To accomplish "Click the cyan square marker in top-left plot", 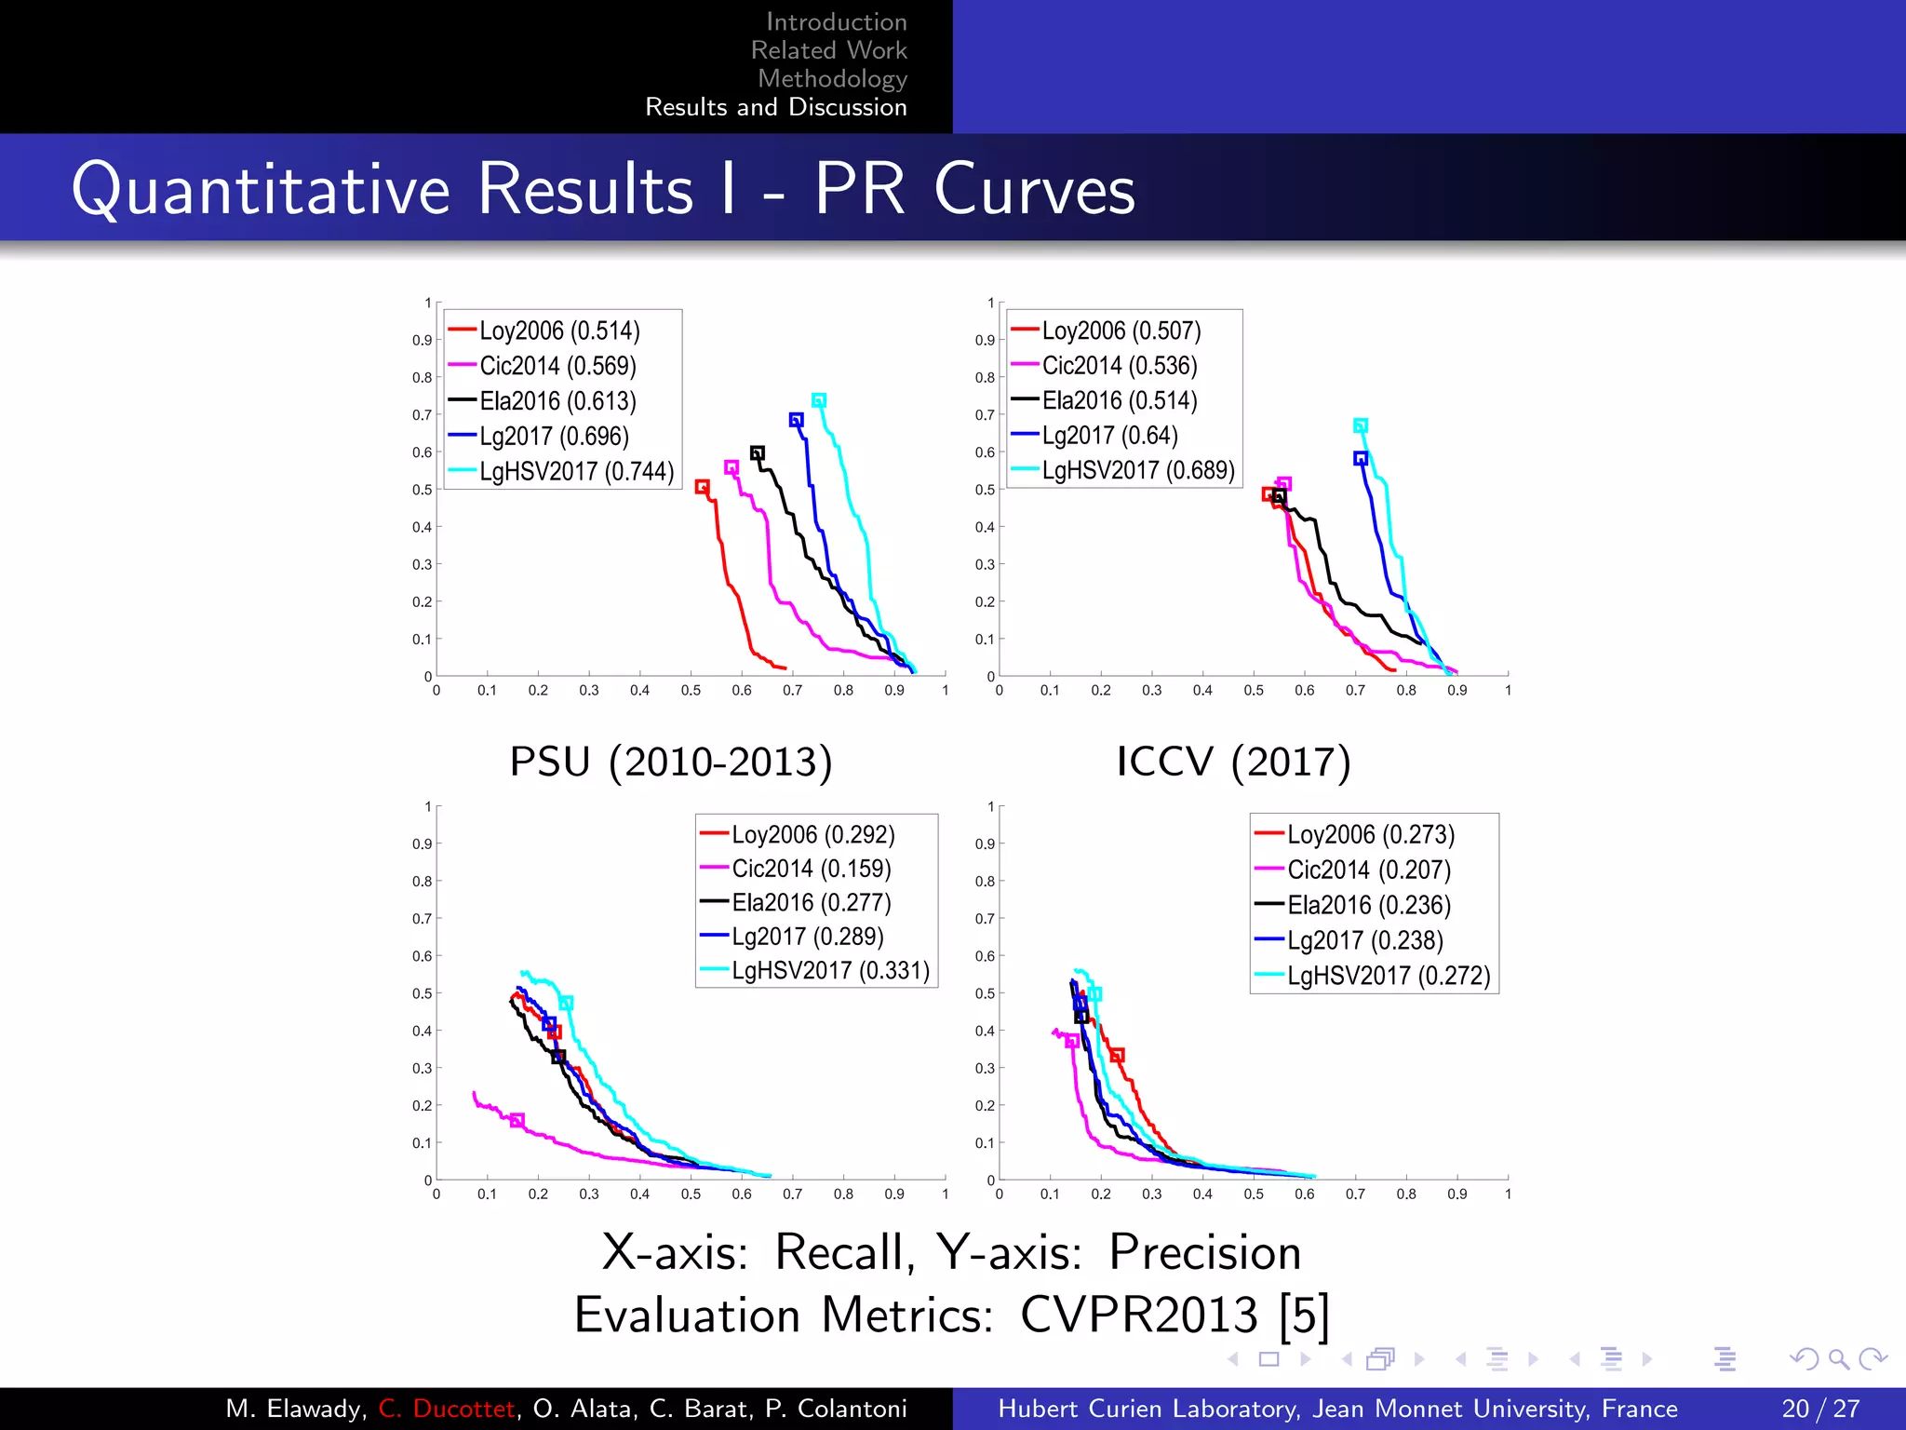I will point(819,400).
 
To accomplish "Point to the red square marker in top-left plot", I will point(703,487).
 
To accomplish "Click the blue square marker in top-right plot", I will point(1361,458).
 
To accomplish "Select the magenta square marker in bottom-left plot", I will point(517,1120).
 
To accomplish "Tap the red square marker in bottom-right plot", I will point(1118,1055).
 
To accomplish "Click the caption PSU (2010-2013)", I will point(670,762).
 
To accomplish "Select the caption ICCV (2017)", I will point(1233,762).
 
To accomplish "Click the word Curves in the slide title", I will point(1034,190).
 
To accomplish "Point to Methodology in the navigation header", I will point(832,79).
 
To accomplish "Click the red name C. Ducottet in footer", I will point(447,1409).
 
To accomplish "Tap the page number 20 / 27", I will point(1819,1409).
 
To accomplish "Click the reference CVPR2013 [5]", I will point(1174,1315).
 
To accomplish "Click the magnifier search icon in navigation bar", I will point(1838,1359).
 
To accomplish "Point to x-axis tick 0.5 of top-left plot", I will point(691,691).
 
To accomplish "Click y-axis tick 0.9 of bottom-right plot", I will point(985,843).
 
